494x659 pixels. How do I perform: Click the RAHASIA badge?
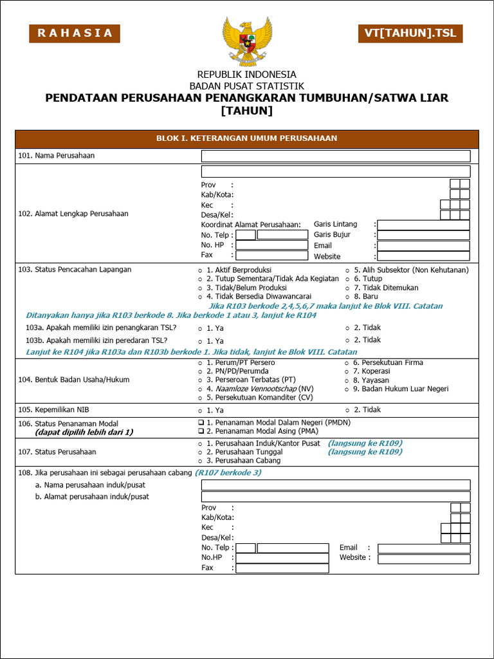tap(75, 33)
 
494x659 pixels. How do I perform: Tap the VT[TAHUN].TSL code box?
tap(410, 33)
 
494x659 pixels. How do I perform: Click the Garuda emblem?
tap(247, 41)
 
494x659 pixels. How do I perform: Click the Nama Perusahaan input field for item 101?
tap(335, 156)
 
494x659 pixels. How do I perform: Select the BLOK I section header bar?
tap(247, 138)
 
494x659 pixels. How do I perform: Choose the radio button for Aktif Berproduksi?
tap(200, 270)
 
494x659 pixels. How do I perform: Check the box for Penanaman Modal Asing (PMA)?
tap(201, 431)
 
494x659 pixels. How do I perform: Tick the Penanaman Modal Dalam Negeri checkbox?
tap(201, 423)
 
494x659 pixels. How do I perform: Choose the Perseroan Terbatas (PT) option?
tap(200, 381)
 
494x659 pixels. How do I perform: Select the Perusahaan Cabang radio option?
tap(200, 461)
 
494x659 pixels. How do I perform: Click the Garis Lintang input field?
tap(423, 225)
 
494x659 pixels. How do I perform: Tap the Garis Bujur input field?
tap(423, 235)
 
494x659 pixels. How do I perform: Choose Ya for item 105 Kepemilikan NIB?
tap(200, 411)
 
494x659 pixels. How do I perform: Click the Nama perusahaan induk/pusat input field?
tap(335, 485)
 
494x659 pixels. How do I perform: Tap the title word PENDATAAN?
tap(80, 98)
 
